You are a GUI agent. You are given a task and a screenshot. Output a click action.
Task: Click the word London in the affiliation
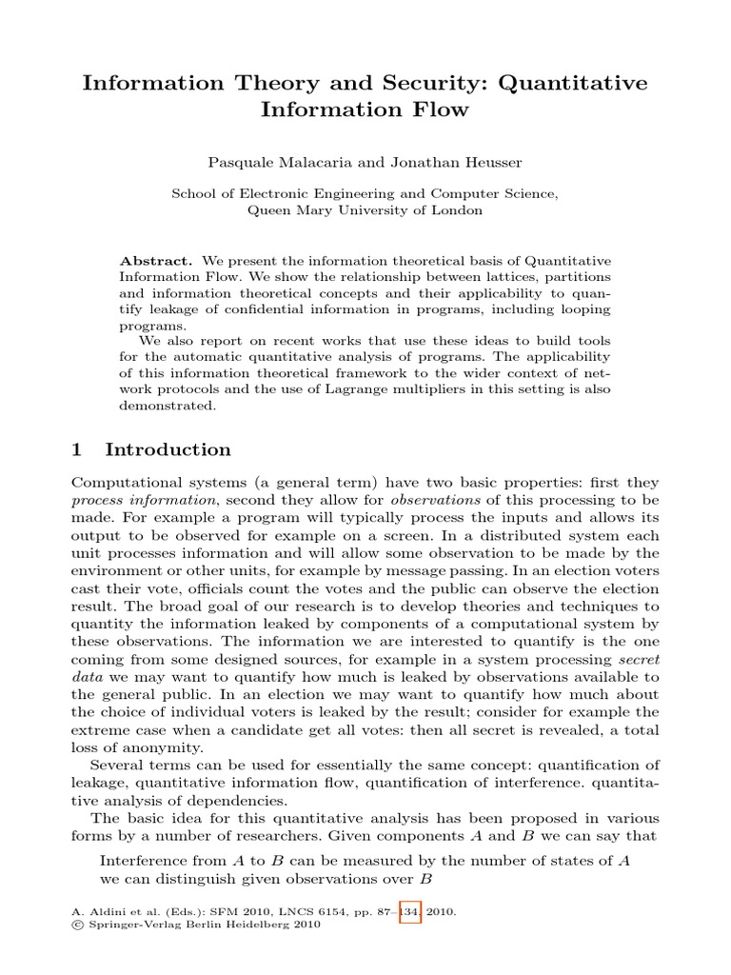pyautogui.click(x=459, y=210)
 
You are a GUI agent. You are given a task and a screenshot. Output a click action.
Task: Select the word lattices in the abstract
pyautogui.click(x=504, y=277)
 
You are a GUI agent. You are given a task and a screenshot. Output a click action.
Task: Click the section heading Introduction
pyautogui.click(x=168, y=449)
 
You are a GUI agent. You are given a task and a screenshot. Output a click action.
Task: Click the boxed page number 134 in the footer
pyautogui.click(x=410, y=911)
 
